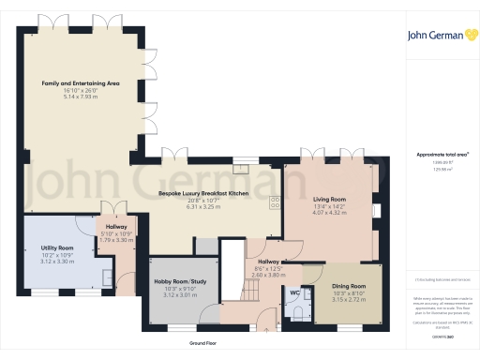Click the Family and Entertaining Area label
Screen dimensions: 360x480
point(81,83)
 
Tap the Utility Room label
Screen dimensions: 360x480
point(57,247)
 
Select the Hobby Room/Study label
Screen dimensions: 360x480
point(179,282)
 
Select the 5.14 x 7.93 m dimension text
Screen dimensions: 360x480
point(81,97)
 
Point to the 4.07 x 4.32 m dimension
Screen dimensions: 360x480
point(329,213)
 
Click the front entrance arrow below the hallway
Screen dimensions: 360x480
point(266,329)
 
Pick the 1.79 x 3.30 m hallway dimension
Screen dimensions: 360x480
point(116,240)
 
